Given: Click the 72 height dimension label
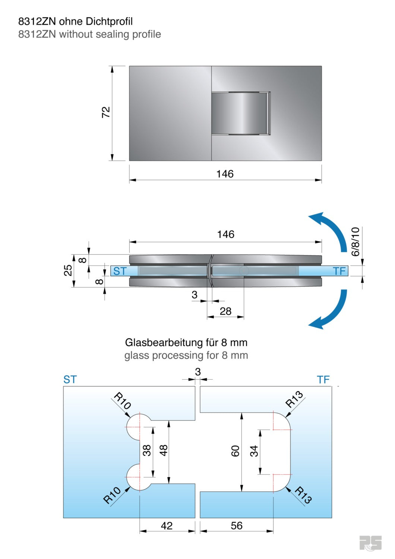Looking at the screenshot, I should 106,112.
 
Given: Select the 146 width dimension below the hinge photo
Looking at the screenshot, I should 225,174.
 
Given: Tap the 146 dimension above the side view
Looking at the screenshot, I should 226,234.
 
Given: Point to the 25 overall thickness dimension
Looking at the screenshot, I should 68,270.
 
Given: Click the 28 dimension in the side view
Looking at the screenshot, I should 225,311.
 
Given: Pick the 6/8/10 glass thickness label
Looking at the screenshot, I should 355,241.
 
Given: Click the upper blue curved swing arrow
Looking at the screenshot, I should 330,229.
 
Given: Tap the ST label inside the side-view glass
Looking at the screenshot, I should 120,271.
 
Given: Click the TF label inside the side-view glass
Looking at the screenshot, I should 339,271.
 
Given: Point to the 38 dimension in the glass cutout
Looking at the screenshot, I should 147,450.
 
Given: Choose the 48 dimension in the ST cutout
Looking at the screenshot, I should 163,450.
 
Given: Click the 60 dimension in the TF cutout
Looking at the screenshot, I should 235,451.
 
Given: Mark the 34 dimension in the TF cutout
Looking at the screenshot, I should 254,451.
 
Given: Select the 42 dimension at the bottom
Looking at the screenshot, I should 167,526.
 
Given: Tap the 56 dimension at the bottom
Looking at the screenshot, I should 237,526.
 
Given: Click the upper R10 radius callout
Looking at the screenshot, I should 122,401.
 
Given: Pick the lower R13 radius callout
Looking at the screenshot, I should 303,495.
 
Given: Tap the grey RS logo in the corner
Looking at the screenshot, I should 370,543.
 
